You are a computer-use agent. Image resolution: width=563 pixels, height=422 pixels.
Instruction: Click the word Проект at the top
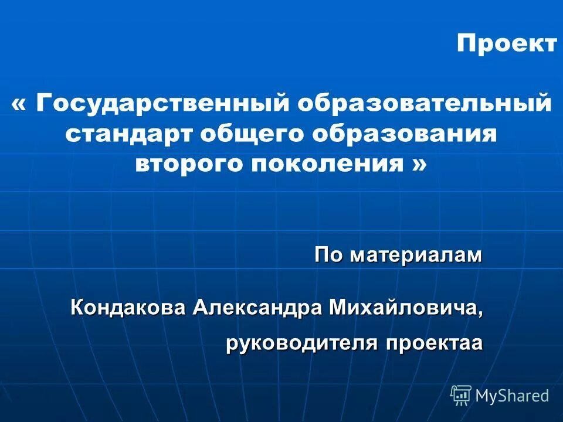pyautogui.click(x=507, y=43)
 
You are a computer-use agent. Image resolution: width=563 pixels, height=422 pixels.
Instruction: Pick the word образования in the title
pyautogui.click(x=404, y=134)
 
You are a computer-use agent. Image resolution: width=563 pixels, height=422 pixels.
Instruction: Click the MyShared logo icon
pyautogui.click(x=461, y=396)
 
